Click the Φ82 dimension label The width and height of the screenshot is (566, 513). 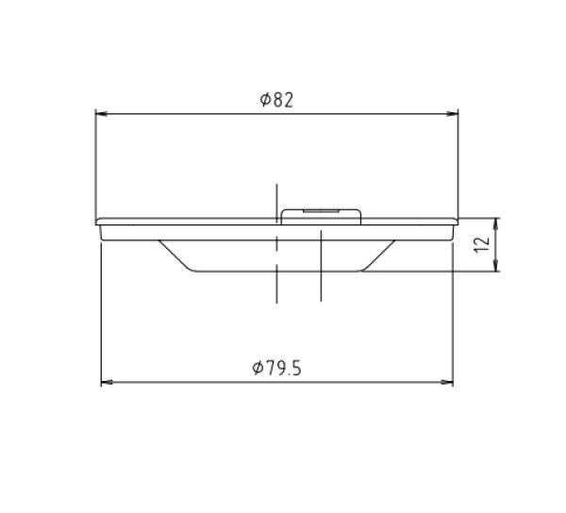point(276,100)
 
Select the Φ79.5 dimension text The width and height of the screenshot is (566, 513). point(276,368)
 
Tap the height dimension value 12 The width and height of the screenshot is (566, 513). point(482,244)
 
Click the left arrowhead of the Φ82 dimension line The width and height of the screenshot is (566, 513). point(102,114)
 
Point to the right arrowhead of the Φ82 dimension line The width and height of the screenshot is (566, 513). point(452,114)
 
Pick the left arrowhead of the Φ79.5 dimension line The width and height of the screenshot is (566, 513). point(107,382)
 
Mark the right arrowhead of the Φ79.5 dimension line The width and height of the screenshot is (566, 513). point(447,382)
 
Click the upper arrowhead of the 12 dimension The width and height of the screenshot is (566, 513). point(497,224)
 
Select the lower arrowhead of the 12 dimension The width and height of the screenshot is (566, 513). point(497,265)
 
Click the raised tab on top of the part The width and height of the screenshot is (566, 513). point(321,217)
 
